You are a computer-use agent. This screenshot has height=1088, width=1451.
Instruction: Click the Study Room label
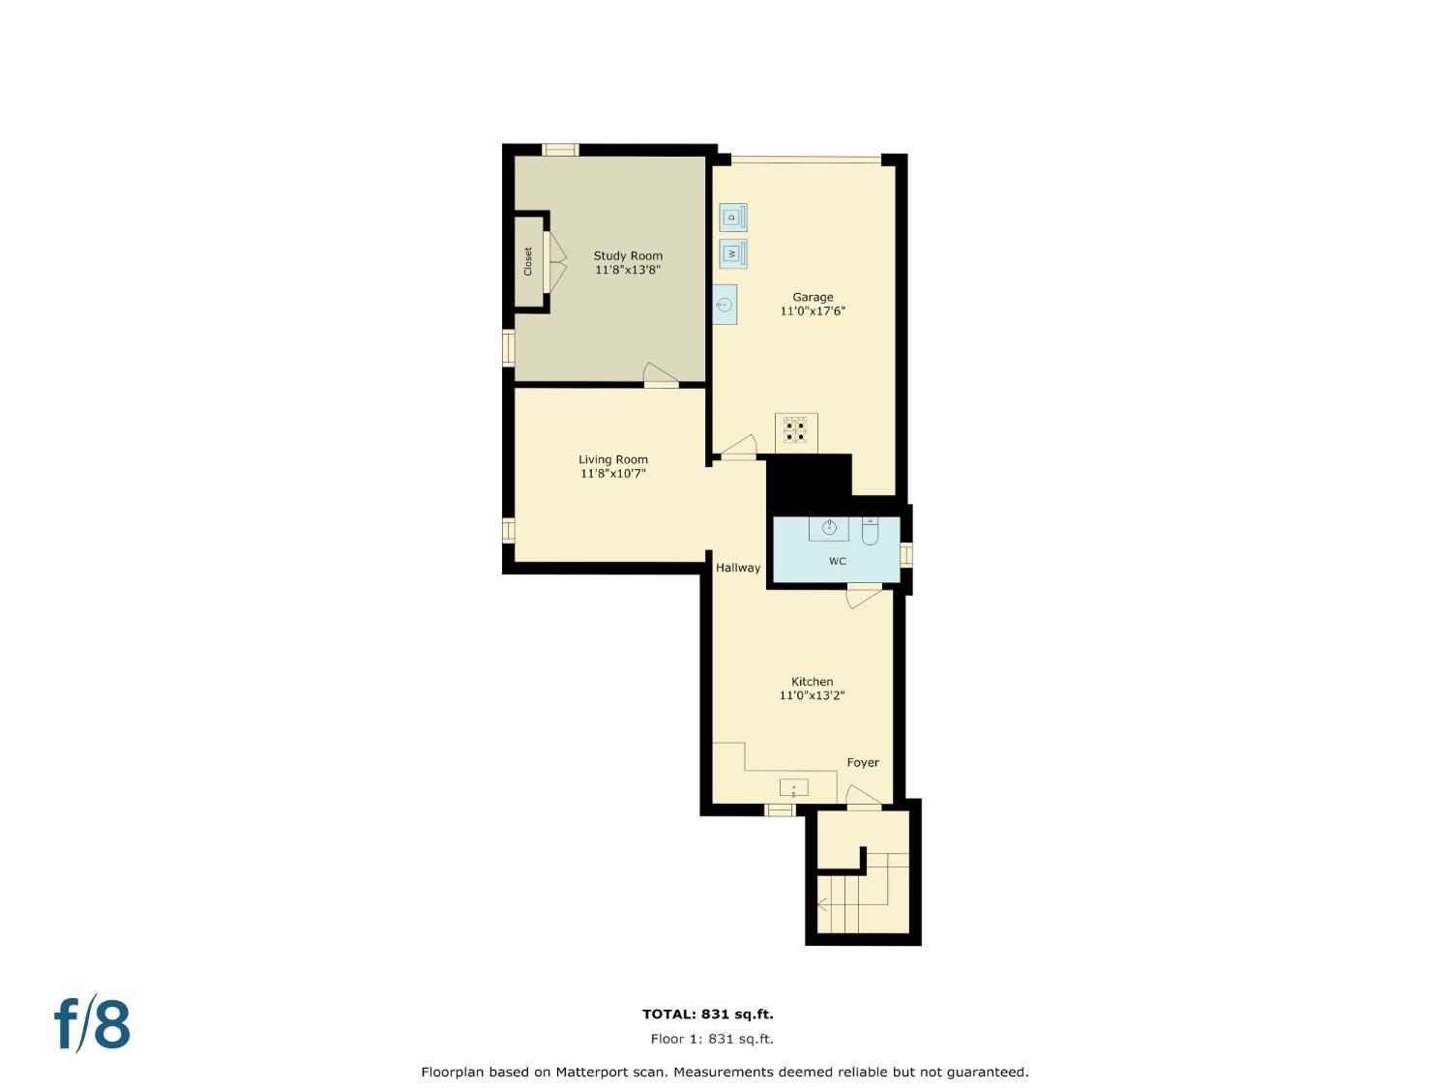pos(628,256)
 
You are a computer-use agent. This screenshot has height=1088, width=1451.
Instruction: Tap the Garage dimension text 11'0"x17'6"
pos(813,311)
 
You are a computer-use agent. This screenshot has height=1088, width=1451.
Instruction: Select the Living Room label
pos(613,459)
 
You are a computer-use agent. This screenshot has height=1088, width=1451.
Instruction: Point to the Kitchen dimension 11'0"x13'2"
pos(813,695)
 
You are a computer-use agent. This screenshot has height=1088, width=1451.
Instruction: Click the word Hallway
pos(738,568)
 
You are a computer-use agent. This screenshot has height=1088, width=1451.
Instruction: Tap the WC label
pos(838,561)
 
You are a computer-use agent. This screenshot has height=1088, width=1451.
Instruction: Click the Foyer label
pos(863,762)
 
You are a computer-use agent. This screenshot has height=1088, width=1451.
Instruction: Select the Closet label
pos(528,261)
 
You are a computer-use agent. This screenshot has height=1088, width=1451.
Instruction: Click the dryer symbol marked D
pos(732,218)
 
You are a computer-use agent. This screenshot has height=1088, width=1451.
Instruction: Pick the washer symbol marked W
pos(732,253)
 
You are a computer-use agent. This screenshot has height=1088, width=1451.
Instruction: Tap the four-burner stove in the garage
pos(796,430)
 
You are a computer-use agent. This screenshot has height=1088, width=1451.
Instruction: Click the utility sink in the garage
pos(725,305)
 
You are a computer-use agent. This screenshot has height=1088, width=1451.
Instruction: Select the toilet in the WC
pos(870,532)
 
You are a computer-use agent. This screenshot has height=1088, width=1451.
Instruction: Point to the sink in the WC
pos(829,528)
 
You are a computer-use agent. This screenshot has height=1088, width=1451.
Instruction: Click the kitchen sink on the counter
pos(793,787)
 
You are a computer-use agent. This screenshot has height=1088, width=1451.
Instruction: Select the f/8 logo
pos(92,1025)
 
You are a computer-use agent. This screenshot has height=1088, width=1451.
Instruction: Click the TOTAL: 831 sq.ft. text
pos(708,1014)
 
